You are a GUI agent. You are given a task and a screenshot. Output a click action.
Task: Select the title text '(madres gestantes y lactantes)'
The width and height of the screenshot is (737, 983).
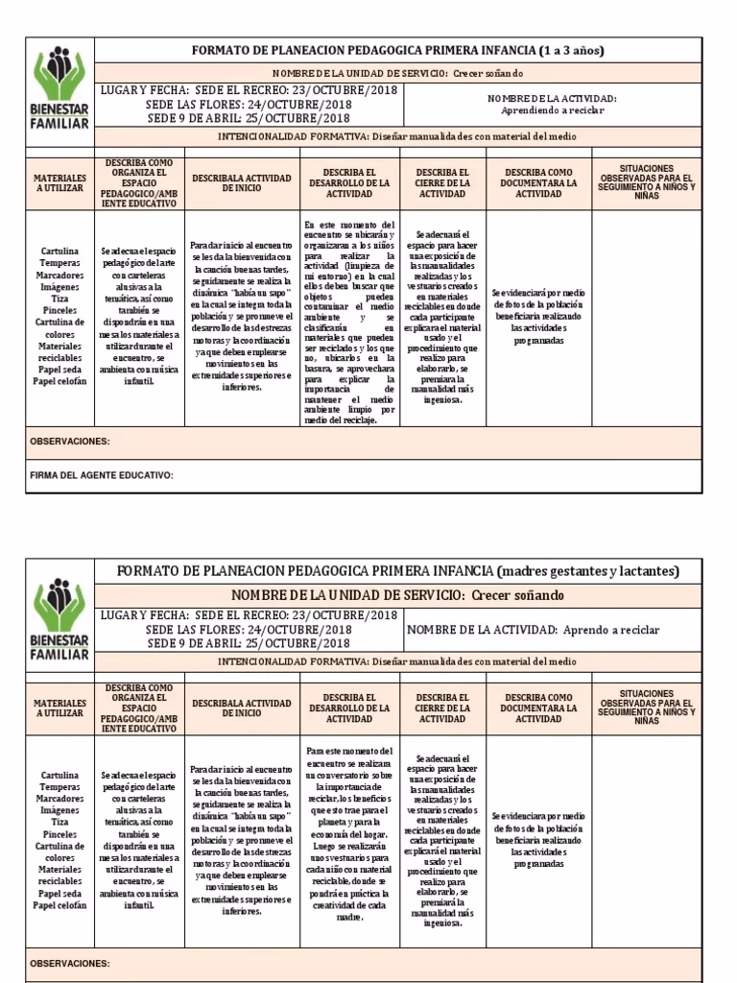[587, 571]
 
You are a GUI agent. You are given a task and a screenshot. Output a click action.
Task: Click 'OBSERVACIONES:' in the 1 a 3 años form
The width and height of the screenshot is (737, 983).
[70, 442]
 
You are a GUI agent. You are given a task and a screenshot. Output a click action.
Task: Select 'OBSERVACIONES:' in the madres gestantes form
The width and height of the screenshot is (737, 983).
[70, 963]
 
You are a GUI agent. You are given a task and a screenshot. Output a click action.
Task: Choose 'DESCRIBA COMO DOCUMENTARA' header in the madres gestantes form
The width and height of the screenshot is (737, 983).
[538, 707]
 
